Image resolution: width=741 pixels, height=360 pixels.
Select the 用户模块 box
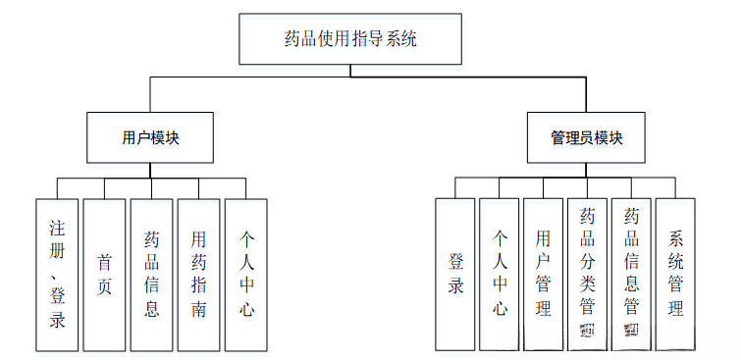(150, 137)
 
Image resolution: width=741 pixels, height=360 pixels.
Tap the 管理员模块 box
(587, 137)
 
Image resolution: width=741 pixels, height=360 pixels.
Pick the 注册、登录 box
(57, 275)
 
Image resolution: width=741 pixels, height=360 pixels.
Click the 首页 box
(104, 275)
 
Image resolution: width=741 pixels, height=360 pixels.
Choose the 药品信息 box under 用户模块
(151, 275)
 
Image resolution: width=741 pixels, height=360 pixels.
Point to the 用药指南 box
(198, 275)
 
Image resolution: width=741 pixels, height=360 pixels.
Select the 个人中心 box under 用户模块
(246, 275)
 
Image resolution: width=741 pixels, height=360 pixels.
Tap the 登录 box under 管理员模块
(455, 275)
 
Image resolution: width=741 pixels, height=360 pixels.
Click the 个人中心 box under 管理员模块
(500, 275)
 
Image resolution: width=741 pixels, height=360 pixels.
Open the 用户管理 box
(543, 275)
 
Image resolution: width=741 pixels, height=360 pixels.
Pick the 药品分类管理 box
(587, 275)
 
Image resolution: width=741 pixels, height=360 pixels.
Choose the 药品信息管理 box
(631, 275)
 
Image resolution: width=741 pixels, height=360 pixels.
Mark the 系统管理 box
(675, 275)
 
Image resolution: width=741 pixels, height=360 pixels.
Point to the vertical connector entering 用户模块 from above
(150, 95)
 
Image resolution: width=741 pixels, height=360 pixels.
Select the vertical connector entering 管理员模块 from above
(587, 95)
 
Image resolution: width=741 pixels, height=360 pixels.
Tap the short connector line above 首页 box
(104, 189)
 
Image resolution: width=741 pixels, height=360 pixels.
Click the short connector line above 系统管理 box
(675, 189)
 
